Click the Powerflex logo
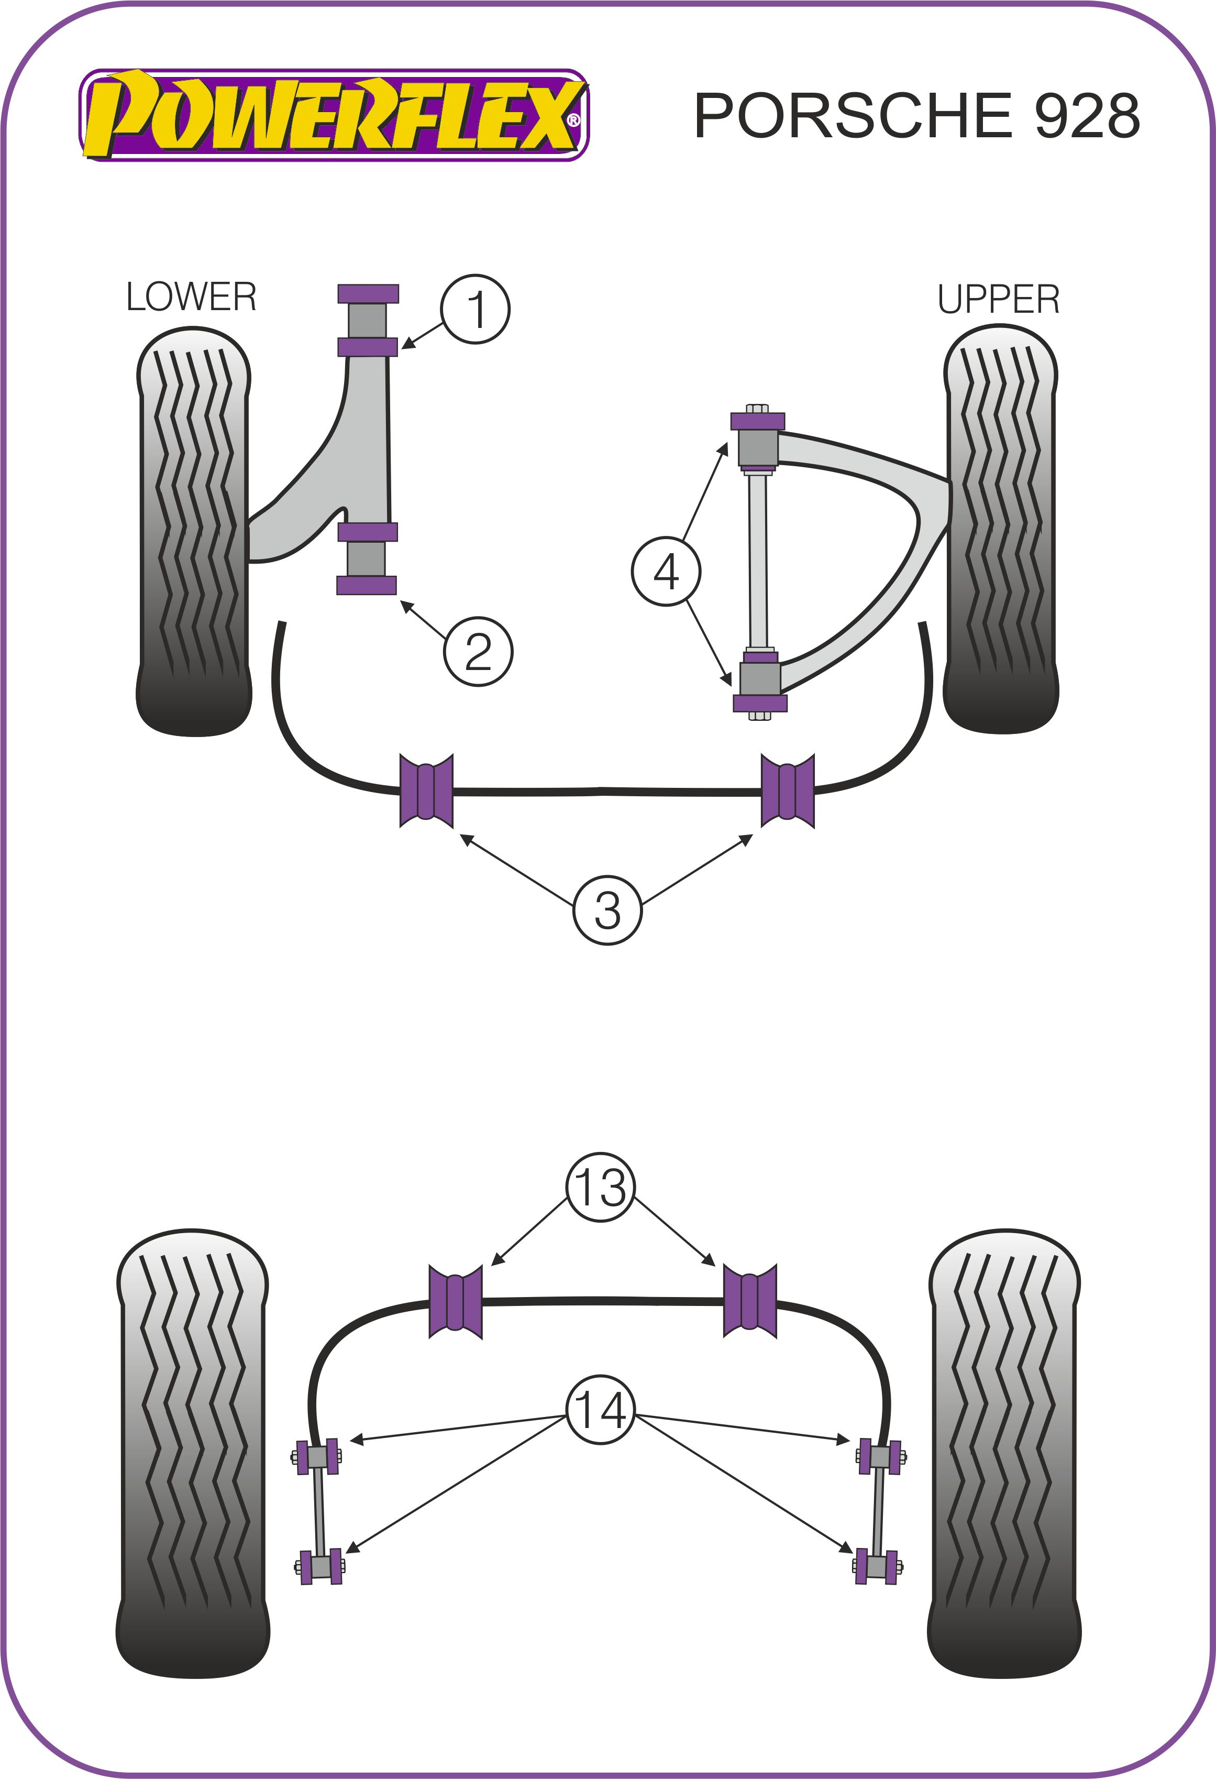[x=334, y=115]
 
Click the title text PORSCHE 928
[x=916, y=116]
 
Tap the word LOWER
[x=191, y=297]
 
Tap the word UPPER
[x=999, y=299]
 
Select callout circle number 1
[x=475, y=309]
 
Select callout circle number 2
[x=478, y=652]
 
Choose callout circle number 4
[x=666, y=571]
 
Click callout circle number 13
[x=601, y=1188]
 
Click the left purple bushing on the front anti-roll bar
[x=426, y=790]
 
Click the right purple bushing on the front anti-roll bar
[x=788, y=790]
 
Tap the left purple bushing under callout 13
[x=455, y=1301]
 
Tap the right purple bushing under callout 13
[x=750, y=1301]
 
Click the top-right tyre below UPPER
[x=1000, y=528]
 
